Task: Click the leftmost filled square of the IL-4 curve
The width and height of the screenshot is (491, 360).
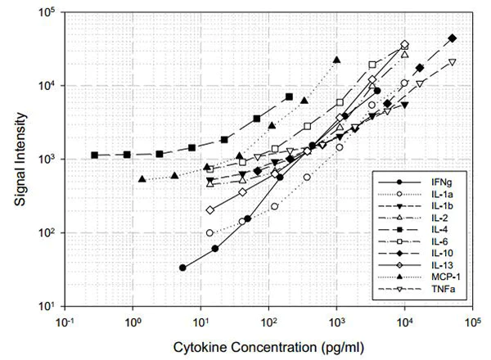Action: pyautogui.click(x=95, y=155)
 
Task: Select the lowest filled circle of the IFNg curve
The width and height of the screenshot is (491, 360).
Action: pyautogui.click(x=182, y=268)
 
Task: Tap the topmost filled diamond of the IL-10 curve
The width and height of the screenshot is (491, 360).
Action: pyautogui.click(x=453, y=38)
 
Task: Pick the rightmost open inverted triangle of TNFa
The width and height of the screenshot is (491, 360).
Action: pyautogui.click(x=452, y=62)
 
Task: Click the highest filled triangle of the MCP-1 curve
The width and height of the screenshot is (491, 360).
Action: pyautogui.click(x=336, y=60)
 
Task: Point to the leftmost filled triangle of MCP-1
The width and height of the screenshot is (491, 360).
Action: pyautogui.click(x=142, y=179)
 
